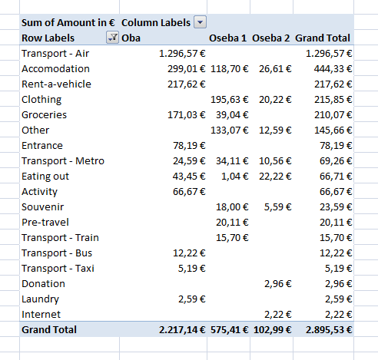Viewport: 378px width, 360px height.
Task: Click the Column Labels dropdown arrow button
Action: [200, 22]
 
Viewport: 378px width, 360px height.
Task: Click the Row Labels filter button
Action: [112, 38]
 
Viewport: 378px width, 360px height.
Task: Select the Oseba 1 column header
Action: [227, 38]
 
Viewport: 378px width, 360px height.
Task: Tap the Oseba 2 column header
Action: [271, 38]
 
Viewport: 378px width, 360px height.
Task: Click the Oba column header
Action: [131, 38]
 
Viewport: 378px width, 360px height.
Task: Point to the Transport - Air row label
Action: [55, 54]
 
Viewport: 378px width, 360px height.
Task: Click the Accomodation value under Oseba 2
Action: [275, 69]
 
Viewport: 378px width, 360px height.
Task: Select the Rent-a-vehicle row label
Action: [56, 84]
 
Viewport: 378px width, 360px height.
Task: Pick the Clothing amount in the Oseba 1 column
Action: [230, 100]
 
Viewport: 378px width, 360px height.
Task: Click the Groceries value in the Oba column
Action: [187, 115]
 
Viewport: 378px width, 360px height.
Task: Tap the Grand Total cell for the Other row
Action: [333, 130]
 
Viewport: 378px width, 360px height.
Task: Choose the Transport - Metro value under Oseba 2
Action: [275, 161]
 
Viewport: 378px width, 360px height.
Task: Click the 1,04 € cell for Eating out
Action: [235, 177]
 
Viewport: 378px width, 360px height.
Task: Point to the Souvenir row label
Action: [42, 207]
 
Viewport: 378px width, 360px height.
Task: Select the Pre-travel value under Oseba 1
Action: [232, 223]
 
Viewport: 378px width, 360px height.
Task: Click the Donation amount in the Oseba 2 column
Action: [278, 284]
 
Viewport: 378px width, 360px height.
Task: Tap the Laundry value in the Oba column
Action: [192, 299]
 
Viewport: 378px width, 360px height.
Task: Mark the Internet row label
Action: [41, 315]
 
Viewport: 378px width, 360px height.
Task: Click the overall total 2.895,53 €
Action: [329, 330]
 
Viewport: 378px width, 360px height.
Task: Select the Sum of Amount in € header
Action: [68, 23]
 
